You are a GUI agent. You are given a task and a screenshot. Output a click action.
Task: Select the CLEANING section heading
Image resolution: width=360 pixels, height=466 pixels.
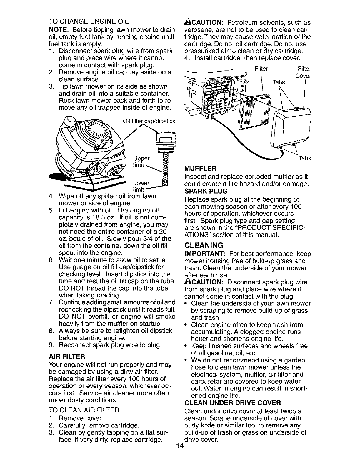point(203,245)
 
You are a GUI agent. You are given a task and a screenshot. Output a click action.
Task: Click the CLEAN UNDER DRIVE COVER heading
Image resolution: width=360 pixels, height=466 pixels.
point(232,402)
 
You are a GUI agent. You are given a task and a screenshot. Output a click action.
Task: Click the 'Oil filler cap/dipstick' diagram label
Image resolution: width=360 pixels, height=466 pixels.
point(149,121)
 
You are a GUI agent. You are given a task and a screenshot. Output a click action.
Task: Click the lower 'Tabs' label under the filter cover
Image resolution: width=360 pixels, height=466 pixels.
point(305,158)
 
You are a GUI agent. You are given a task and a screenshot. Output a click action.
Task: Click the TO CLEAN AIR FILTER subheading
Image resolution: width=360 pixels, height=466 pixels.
point(84,410)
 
